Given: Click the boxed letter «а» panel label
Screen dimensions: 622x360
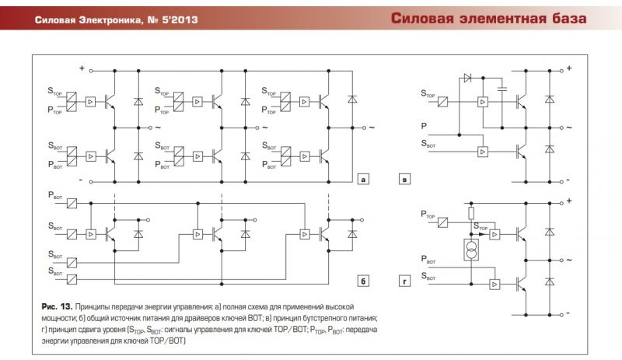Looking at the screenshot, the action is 363,179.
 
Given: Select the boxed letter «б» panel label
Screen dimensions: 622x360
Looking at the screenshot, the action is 363,281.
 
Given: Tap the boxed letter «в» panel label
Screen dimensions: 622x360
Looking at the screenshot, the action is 404,180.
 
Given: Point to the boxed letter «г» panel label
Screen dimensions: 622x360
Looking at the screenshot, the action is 404,281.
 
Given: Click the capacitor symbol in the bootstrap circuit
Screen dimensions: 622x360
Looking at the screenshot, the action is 501,89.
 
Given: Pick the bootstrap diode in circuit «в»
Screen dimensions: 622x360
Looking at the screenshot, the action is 468,78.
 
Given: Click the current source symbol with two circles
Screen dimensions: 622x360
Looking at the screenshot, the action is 471,250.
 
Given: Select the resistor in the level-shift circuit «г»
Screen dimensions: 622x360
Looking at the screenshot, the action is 471,214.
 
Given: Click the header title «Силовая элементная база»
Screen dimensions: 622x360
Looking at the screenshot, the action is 488,18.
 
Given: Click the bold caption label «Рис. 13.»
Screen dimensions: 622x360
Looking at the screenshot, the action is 57,307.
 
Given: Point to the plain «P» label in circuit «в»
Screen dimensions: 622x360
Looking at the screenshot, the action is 424,126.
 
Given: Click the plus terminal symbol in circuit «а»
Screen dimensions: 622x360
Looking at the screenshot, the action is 82,68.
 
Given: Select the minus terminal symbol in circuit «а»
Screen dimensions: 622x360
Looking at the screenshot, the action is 81,180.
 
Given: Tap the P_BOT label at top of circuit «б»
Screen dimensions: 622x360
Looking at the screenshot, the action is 55,195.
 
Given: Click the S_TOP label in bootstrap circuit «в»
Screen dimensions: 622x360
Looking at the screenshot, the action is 428,93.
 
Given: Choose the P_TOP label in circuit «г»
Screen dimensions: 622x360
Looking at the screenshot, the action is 428,215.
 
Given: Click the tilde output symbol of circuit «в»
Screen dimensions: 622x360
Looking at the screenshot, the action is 569,128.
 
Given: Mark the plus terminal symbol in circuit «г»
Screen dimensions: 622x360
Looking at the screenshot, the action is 569,201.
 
